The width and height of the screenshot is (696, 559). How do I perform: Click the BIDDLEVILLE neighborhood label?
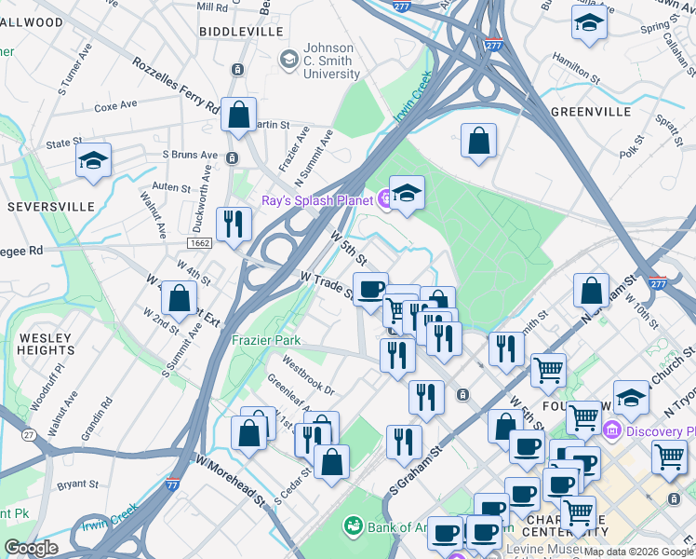tap(241, 31)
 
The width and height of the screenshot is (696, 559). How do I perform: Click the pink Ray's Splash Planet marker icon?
tap(383, 198)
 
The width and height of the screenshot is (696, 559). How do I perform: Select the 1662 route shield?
tap(199, 243)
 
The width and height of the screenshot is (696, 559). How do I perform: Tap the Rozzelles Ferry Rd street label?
tap(175, 85)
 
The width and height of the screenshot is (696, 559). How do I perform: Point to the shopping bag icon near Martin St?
tap(239, 115)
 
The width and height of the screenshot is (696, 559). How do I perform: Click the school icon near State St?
tap(93, 160)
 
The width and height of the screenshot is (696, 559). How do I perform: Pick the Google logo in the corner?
tap(31, 548)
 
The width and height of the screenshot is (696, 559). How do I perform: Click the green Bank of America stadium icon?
tap(353, 527)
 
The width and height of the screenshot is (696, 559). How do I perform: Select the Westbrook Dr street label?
tap(307, 371)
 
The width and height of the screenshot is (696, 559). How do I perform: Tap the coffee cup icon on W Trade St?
tap(370, 289)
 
